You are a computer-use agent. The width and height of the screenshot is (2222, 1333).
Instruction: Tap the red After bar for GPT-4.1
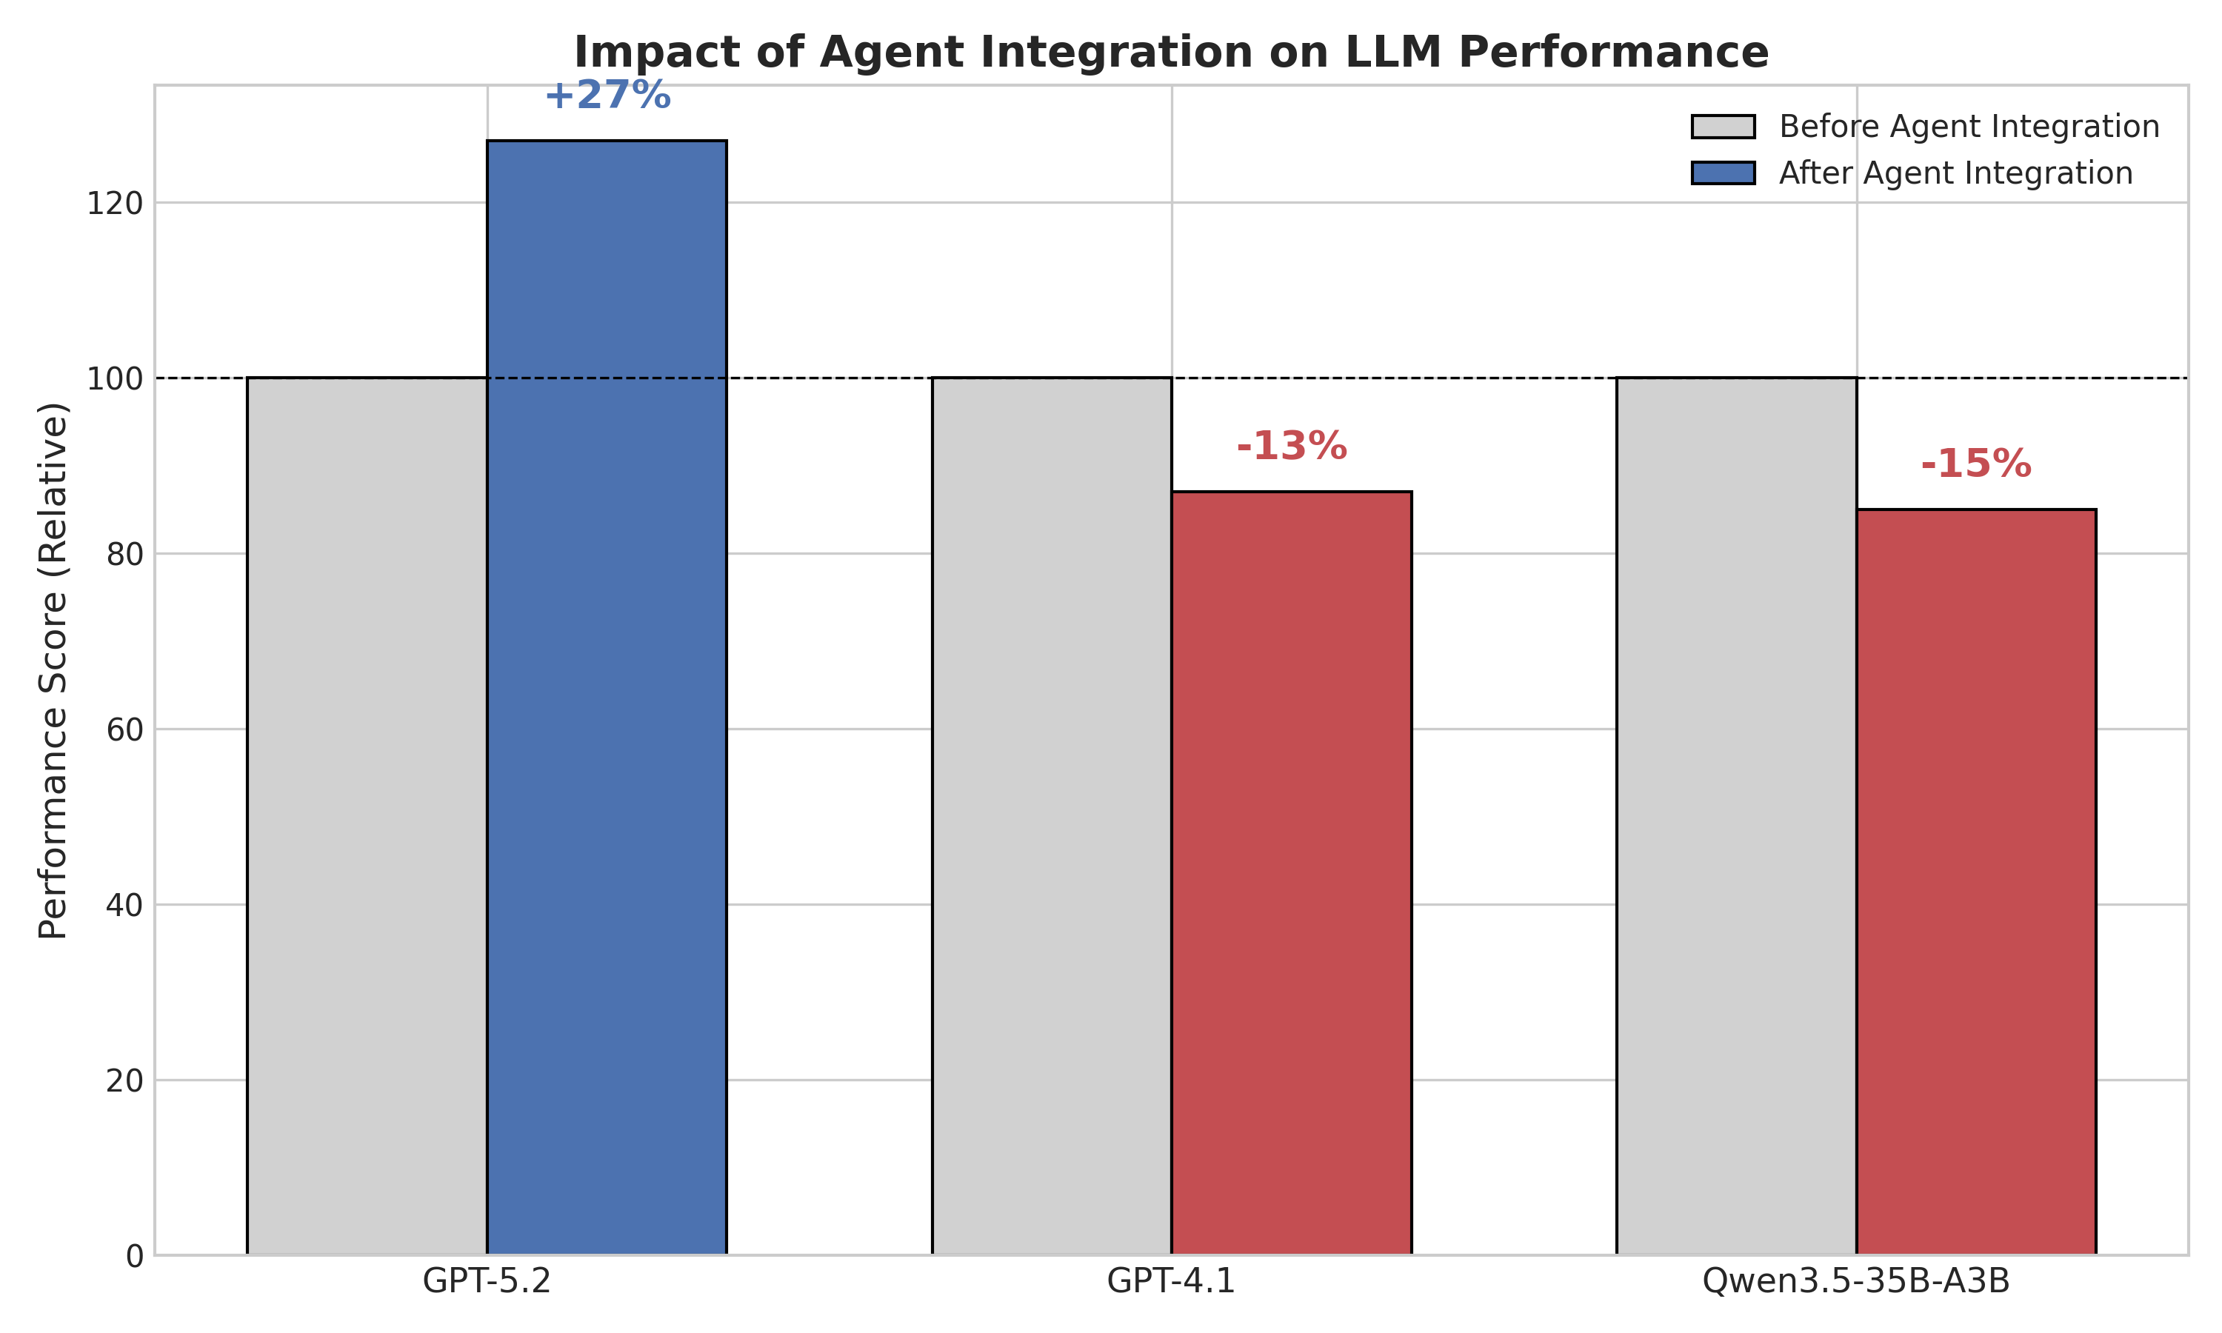[x=1291, y=872]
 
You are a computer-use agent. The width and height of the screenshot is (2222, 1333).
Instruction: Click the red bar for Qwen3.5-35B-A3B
[x=1976, y=881]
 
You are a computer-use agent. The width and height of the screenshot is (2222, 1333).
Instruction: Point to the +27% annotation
[x=607, y=96]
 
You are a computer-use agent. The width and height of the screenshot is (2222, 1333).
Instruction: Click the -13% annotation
[x=1291, y=447]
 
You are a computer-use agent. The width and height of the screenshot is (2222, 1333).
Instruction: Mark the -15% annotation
[x=1975, y=464]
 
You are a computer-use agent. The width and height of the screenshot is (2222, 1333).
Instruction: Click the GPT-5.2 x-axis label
[x=486, y=1281]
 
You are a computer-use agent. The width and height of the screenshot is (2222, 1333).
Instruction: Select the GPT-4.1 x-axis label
[x=1170, y=1281]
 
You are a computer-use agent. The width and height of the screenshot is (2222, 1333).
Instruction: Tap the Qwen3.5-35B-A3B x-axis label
[x=1855, y=1281]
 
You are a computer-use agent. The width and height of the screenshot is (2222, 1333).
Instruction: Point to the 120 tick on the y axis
[x=114, y=204]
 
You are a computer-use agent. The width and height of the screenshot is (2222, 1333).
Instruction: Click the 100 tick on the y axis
[x=114, y=379]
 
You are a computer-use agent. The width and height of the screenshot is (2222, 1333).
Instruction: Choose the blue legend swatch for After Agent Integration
[x=1722, y=173]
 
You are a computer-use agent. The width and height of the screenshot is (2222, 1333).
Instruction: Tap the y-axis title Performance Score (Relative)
[x=53, y=670]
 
